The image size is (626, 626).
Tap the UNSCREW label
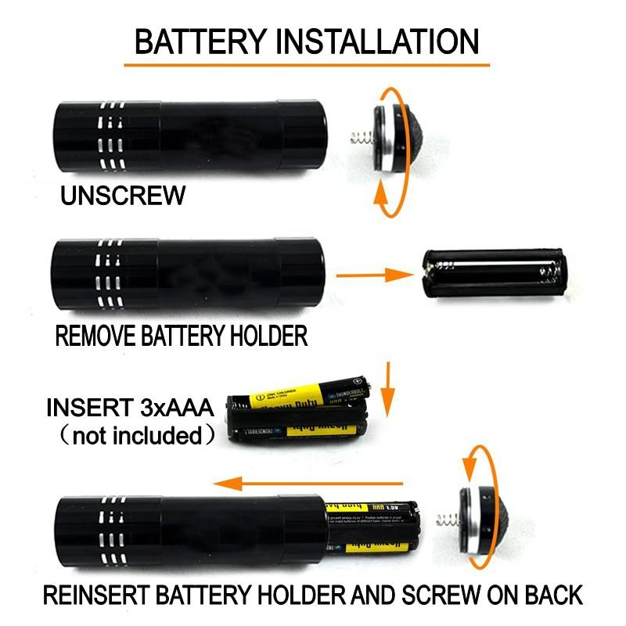[124, 194]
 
